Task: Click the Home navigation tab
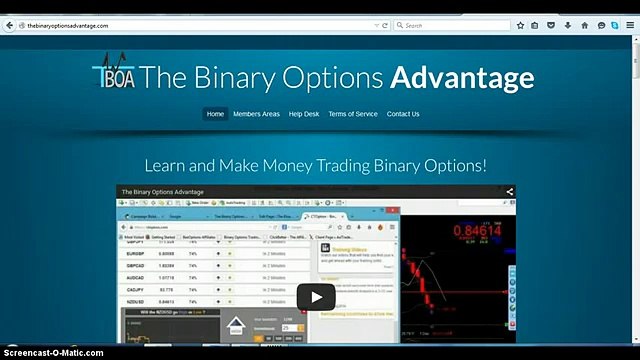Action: coord(215,114)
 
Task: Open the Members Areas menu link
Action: coord(256,114)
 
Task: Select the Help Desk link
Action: coord(304,114)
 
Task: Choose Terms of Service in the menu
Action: coord(353,114)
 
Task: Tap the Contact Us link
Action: coord(403,114)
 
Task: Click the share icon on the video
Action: coord(509,191)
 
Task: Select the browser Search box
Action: coord(460,26)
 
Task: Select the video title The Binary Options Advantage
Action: coord(161,191)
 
